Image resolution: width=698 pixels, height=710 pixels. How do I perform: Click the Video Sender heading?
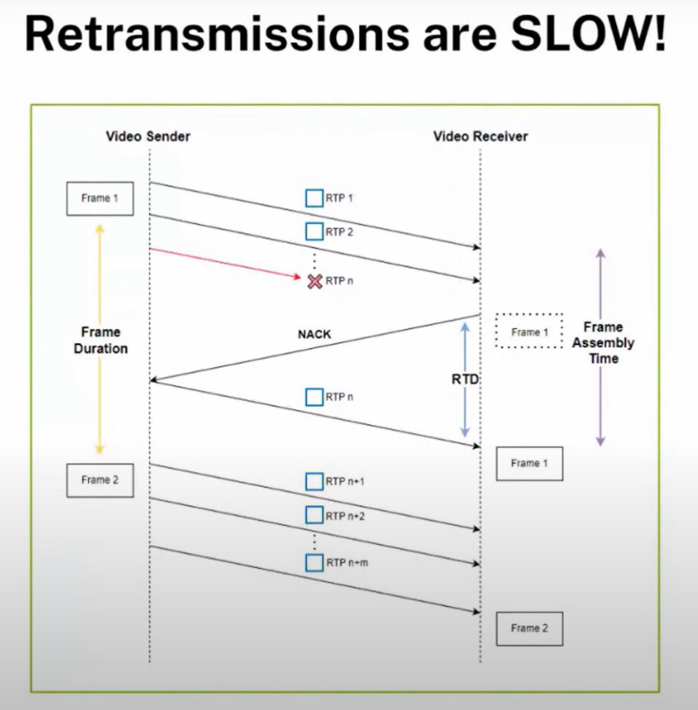tap(148, 136)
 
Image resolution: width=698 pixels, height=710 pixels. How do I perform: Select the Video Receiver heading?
tap(480, 136)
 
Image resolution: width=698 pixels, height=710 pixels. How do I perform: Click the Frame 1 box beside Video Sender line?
tap(100, 199)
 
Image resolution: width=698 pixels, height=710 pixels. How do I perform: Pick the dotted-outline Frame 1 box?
tap(529, 332)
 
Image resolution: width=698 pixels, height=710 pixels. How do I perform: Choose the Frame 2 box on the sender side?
tap(100, 480)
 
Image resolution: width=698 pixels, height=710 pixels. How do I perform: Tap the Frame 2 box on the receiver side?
tap(529, 628)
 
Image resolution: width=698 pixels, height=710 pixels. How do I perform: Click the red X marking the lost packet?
tap(315, 281)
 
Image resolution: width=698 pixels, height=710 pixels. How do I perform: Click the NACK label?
tap(314, 334)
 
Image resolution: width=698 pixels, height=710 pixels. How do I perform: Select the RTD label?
tap(465, 380)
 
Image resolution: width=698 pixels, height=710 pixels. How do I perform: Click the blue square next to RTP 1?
tap(315, 198)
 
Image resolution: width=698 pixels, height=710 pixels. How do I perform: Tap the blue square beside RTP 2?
tap(315, 231)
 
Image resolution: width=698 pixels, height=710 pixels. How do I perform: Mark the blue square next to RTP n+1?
tap(315, 481)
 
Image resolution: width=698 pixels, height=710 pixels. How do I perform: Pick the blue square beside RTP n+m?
tap(315, 563)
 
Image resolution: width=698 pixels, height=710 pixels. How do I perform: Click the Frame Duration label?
tap(100, 340)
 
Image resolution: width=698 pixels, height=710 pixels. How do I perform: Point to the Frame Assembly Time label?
tap(602, 343)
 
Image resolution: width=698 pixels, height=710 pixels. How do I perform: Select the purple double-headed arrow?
tap(600, 285)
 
